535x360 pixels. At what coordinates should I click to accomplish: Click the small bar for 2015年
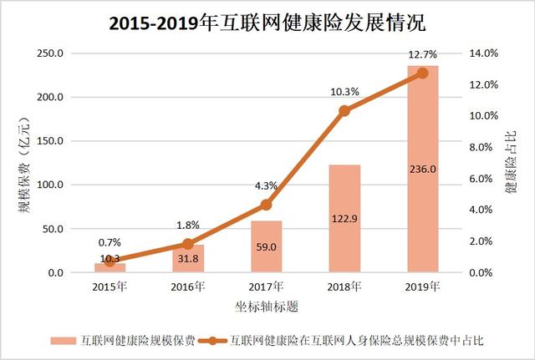point(110,267)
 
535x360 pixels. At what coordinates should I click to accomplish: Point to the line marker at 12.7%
point(422,74)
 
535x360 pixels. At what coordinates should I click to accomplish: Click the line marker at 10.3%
point(344,110)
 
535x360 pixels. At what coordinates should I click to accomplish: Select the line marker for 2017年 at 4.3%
point(266,205)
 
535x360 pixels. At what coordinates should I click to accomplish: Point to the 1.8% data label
point(187,225)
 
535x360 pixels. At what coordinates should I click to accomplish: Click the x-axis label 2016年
point(187,286)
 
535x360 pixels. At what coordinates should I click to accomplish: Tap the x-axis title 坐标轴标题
point(266,306)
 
